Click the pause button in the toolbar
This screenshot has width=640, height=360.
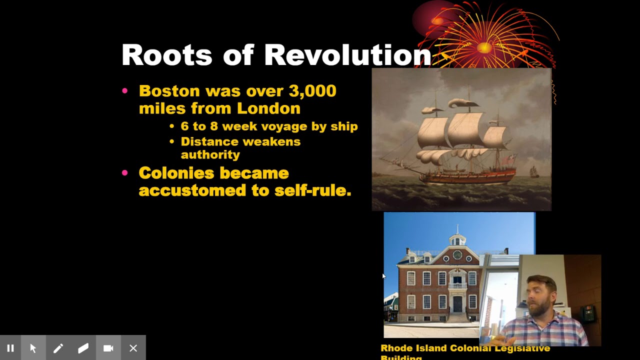(x=10, y=348)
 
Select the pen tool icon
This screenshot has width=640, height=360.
(x=58, y=348)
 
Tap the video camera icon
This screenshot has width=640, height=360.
(x=108, y=348)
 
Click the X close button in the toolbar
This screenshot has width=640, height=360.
(x=133, y=348)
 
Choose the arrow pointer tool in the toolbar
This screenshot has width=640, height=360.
(x=33, y=348)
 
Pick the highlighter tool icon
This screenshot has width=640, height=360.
(x=83, y=348)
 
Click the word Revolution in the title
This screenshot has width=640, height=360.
(x=347, y=55)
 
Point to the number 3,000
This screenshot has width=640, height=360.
(x=312, y=91)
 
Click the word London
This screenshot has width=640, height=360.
(x=268, y=108)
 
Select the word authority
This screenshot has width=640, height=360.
(x=210, y=155)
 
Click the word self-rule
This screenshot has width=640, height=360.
(x=312, y=190)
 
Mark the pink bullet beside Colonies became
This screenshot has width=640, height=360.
(x=125, y=173)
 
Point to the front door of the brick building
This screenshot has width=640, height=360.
(x=457, y=303)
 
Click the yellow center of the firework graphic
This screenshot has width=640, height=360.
(x=484, y=47)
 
